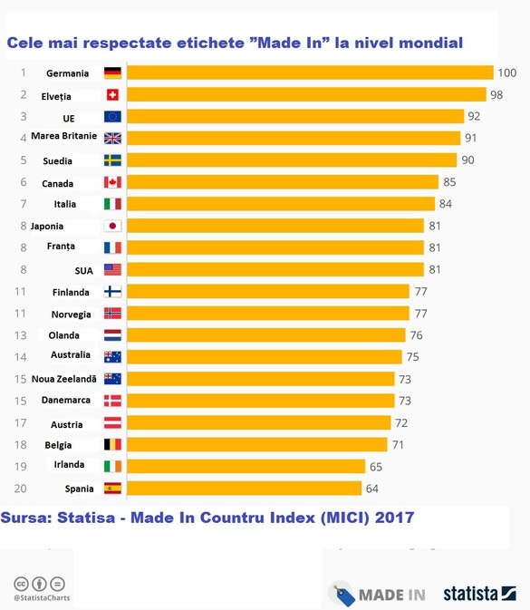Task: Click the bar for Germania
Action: [x=311, y=73]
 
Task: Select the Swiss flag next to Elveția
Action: [x=112, y=94]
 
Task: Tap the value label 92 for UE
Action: [x=474, y=116]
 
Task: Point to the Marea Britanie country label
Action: [x=64, y=136]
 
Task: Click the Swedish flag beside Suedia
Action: [x=112, y=160]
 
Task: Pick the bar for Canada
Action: [x=283, y=182]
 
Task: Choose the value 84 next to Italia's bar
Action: [x=446, y=204]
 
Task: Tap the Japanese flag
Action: [x=112, y=226]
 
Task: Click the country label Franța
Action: [x=61, y=247]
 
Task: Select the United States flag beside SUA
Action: [x=112, y=269]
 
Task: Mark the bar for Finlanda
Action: [x=268, y=291]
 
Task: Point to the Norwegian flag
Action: [x=112, y=314]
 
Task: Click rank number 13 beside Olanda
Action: [x=21, y=335]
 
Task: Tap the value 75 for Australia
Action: [x=413, y=357]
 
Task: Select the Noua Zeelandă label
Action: [x=64, y=379]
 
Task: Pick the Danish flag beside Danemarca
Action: [x=112, y=401]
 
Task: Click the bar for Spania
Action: [x=245, y=489]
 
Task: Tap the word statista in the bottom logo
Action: [x=470, y=594]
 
